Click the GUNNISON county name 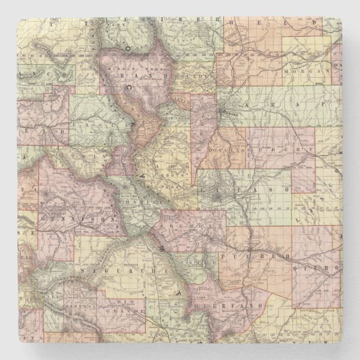tap(78, 220)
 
